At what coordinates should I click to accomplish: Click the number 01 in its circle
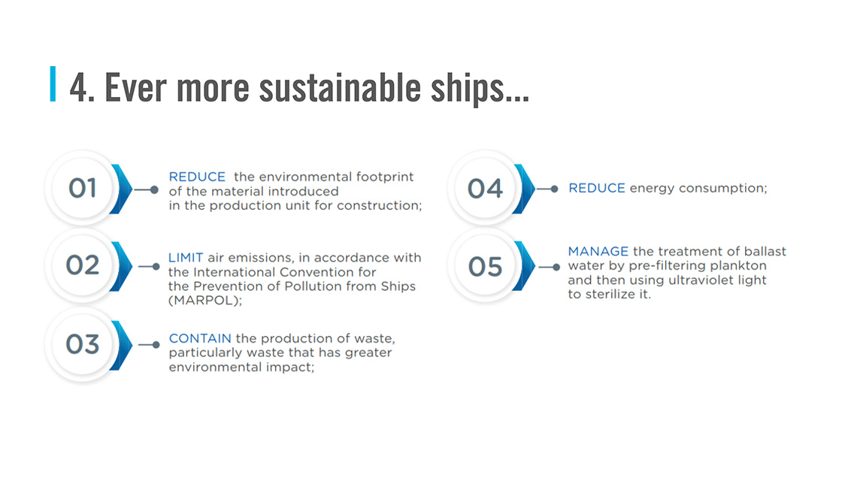point(82,188)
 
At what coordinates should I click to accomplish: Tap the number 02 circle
point(82,265)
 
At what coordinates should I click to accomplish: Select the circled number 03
point(82,344)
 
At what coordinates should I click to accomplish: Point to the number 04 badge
point(485,189)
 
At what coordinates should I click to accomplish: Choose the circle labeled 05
point(485,266)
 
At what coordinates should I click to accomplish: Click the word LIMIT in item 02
point(185,258)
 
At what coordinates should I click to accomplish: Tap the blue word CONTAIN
point(199,338)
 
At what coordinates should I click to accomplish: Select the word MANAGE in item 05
point(598,252)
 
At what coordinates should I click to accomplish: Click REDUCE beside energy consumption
point(597,188)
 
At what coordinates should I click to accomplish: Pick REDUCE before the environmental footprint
point(197,177)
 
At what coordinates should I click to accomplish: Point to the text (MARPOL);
point(205,301)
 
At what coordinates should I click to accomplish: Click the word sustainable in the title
point(339,87)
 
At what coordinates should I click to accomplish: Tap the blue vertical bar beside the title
point(53,83)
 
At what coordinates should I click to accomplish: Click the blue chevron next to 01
point(121,189)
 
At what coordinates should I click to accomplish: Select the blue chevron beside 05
point(524,266)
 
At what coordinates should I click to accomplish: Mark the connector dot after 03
point(156,345)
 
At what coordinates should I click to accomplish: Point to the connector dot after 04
point(554,189)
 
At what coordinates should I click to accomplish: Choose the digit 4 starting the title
point(78,88)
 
